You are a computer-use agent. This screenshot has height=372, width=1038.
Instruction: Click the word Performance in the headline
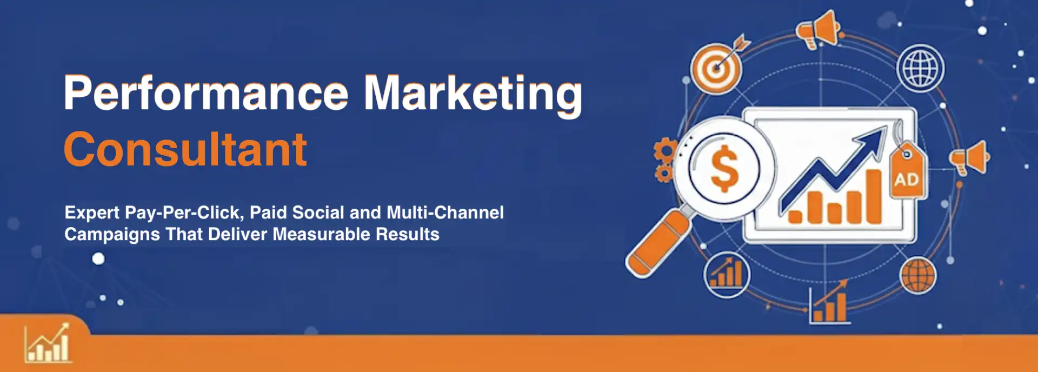pyautogui.click(x=206, y=93)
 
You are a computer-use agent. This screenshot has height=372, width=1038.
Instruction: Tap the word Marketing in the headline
pyautogui.click(x=473, y=95)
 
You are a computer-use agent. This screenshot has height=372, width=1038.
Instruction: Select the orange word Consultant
pyautogui.click(x=185, y=149)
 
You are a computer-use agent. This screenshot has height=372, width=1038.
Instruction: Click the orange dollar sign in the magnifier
pyautogui.click(x=724, y=169)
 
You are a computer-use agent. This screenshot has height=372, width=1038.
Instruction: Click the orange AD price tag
pyautogui.click(x=907, y=171)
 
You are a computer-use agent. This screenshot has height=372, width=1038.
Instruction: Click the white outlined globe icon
pyautogui.click(x=921, y=69)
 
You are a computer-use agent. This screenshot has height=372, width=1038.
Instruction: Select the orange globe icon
pyautogui.click(x=918, y=276)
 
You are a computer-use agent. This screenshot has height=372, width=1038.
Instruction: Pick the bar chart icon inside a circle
pyautogui.click(x=727, y=275)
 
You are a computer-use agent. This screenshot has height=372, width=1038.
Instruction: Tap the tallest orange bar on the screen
pyautogui.click(x=874, y=196)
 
